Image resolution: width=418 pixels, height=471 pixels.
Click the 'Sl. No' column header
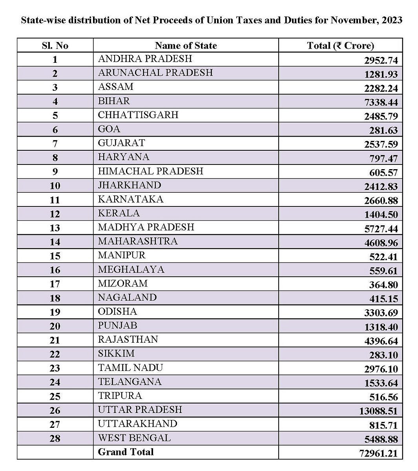click(55, 46)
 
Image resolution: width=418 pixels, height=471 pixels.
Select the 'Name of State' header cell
click(186, 46)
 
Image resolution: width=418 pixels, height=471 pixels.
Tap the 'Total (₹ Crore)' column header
click(340, 46)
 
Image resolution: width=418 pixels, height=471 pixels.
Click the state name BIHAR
click(114, 101)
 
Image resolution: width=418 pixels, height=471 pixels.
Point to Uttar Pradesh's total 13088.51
click(378, 411)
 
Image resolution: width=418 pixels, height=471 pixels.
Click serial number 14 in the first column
click(55, 242)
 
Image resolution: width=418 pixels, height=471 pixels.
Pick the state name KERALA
click(119, 213)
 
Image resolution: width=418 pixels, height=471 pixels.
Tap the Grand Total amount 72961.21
click(378, 453)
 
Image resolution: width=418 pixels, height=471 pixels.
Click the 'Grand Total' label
click(126, 452)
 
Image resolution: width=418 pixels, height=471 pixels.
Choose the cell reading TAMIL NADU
click(130, 367)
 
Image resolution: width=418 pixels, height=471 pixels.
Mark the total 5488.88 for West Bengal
click(381, 439)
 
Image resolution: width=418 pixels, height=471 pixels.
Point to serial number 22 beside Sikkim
click(55, 354)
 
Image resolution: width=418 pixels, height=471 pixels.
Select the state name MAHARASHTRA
click(138, 241)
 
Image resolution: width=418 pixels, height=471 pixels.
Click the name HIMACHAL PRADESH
click(151, 171)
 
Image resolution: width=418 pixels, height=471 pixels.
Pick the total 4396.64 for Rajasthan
click(381, 341)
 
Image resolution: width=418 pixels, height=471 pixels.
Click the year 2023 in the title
click(391, 20)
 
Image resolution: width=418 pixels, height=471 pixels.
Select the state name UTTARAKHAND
click(138, 424)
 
